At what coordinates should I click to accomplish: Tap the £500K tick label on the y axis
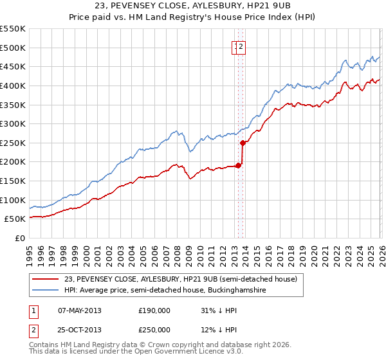tap(12, 48)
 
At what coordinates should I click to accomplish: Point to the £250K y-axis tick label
tap(12, 143)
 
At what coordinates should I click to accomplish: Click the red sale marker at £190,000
tap(238, 165)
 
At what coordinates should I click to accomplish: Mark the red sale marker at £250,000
tap(243, 143)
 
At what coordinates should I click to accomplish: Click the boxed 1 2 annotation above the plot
tap(239, 46)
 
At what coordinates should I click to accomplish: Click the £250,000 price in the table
tap(154, 330)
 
